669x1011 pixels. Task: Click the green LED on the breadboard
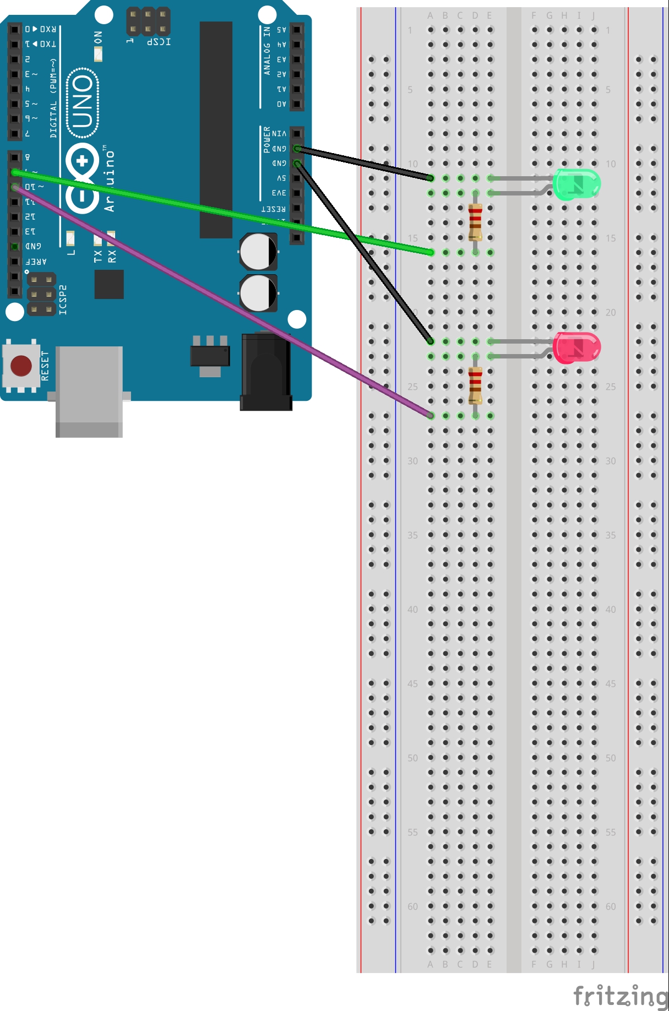click(x=576, y=184)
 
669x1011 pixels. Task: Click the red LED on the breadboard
click(x=576, y=347)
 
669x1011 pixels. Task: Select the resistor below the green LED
click(x=475, y=222)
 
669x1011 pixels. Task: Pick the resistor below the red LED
click(x=475, y=385)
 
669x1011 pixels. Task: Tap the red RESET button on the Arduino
click(x=21, y=366)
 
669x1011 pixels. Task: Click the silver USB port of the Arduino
click(x=89, y=391)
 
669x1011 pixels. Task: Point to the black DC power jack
click(x=266, y=372)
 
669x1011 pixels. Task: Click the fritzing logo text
click(x=620, y=996)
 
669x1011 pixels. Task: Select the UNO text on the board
click(x=83, y=102)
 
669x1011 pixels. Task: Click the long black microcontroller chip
click(x=216, y=129)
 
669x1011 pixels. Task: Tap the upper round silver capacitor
click(x=258, y=252)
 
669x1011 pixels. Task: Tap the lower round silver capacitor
click(x=258, y=293)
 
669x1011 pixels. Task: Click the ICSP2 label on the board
click(x=63, y=300)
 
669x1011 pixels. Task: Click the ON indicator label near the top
click(x=98, y=37)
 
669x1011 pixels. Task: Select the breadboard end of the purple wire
click(x=430, y=415)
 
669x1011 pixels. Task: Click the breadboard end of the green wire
click(x=430, y=252)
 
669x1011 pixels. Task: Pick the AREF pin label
click(x=36, y=261)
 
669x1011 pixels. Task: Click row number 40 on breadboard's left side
click(x=412, y=609)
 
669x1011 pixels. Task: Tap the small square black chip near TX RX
click(x=109, y=284)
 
